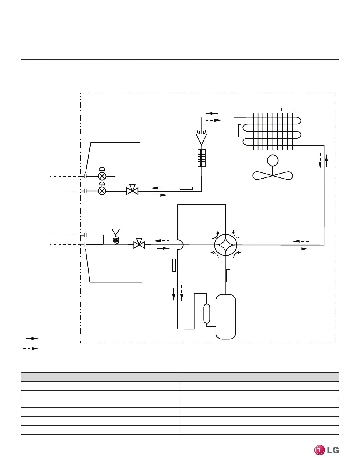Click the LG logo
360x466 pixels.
pyautogui.click(x=326, y=450)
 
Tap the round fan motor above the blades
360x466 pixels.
pyautogui.click(x=273, y=161)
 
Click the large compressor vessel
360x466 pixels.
pyautogui.click(x=226, y=317)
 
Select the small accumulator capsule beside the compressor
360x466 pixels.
pyautogui.click(x=207, y=314)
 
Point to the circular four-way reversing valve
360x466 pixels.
pyautogui.click(x=226, y=245)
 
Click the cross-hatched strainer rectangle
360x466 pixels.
pyautogui.click(x=201, y=158)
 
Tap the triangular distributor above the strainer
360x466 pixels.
pyautogui.click(x=201, y=139)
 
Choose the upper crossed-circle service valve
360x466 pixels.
pyautogui.click(x=102, y=176)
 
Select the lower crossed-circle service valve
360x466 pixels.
pyautogui.click(x=102, y=191)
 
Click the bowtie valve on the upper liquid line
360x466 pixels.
pyautogui.click(x=132, y=191)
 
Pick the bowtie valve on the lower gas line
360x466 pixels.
pyautogui.click(x=139, y=245)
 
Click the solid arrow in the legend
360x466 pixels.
pyautogui.click(x=32, y=339)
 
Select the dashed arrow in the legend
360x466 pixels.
pyautogui.click(x=31, y=349)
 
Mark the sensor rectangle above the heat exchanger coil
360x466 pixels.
pyautogui.click(x=288, y=109)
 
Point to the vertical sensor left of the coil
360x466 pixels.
pyautogui.click(x=239, y=131)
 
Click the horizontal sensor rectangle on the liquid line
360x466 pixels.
pyautogui.click(x=186, y=188)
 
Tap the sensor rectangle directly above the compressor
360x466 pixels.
pyautogui.click(x=228, y=276)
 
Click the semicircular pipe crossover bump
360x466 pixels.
pyautogui.click(x=180, y=245)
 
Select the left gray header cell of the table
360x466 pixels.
pyautogui.click(x=100, y=377)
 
